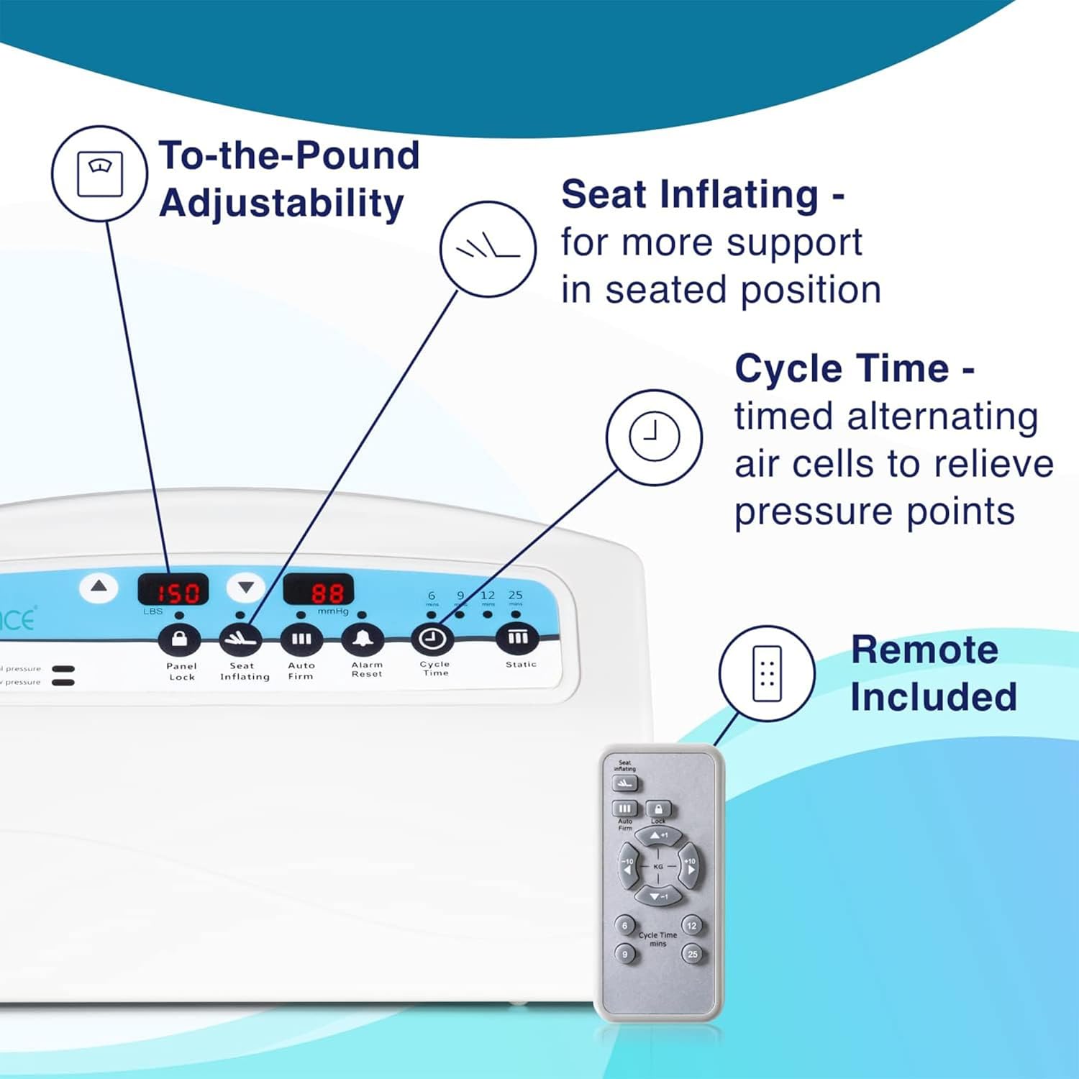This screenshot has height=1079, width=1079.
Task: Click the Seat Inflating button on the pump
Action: (x=240, y=639)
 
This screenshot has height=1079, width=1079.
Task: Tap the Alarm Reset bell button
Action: (x=363, y=639)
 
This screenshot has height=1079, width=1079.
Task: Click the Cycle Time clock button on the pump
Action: (x=432, y=639)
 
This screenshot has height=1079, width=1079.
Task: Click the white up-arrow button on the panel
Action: (x=99, y=588)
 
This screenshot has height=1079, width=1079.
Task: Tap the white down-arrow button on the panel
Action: (x=246, y=588)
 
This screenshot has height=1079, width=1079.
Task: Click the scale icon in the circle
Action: (x=100, y=173)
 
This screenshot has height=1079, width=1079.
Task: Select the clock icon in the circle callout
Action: (x=654, y=437)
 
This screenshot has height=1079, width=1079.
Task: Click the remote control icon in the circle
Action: (x=767, y=673)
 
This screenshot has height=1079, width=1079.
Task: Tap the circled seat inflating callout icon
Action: (x=488, y=248)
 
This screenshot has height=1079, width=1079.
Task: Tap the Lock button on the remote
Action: (x=658, y=809)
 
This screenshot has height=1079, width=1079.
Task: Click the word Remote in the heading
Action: (x=924, y=650)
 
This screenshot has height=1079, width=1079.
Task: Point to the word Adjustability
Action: (x=281, y=204)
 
